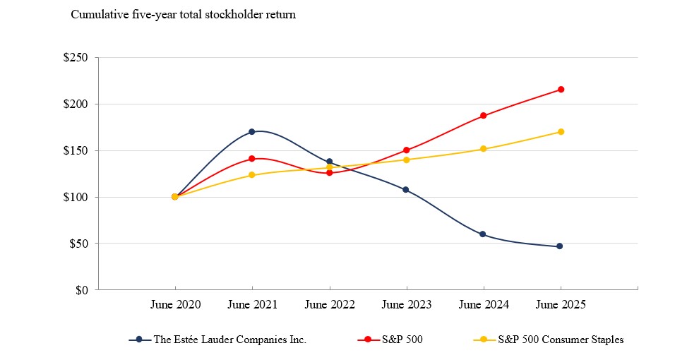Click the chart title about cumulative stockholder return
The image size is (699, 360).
183,15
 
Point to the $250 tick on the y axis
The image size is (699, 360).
76,58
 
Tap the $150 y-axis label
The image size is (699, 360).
76,150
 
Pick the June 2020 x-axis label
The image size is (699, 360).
175,305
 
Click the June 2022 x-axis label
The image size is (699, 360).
329,305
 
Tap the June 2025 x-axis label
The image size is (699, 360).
560,305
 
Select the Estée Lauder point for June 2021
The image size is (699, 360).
252,132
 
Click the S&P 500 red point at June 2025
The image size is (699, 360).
561,90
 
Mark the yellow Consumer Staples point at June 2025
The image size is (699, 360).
561,132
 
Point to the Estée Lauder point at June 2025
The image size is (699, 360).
560,246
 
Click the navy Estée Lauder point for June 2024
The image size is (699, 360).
483,234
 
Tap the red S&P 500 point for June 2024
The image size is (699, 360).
483,116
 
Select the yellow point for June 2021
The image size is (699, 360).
252,175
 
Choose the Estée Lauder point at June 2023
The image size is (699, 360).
406,190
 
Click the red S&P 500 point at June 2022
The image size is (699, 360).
329,173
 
